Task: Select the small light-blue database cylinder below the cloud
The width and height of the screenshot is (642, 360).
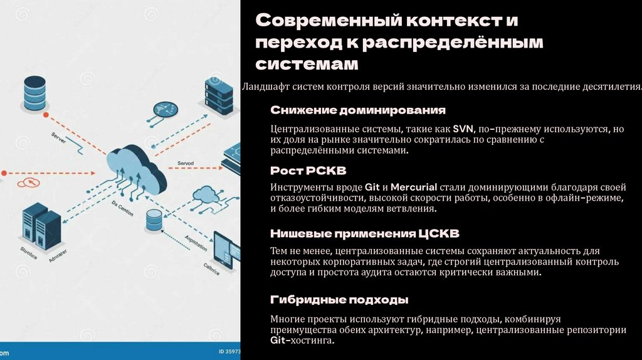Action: coord(154,220)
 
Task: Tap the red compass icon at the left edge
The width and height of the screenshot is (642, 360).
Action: coord(28,183)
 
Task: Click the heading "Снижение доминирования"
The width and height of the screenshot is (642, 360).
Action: coord(358,110)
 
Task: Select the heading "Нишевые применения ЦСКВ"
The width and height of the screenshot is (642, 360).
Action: coord(365,234)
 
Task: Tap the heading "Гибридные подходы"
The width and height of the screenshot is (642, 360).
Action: coord(339,299)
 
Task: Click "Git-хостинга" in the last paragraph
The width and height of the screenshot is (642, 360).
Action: coord(303,341)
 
